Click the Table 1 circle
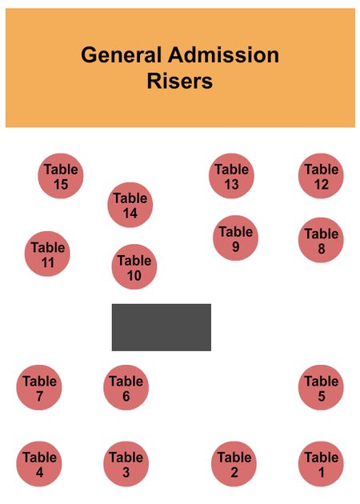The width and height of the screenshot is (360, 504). (321, 464)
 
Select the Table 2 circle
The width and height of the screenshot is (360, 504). (234, 464)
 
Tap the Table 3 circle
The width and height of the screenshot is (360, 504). (126, 464)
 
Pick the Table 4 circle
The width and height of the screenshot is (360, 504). (39, 464)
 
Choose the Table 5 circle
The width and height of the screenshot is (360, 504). (321, 387)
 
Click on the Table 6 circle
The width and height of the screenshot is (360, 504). (126, 387)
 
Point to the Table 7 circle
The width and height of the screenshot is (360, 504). (39, 387)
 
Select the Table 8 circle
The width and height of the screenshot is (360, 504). (321, 240)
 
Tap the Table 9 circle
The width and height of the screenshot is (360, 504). (236, 238)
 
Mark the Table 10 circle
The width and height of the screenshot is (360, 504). (134, 266)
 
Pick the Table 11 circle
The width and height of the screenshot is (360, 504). (47, 254)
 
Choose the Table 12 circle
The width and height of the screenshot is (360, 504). (321, 176)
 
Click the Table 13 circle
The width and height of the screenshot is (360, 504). (231, 176)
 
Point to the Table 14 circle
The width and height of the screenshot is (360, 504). (130, 205)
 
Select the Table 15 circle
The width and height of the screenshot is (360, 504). (61, 176)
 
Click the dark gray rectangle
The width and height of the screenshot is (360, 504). (162, 327)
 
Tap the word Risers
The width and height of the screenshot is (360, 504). (180, 81)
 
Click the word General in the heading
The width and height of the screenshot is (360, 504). (121, 55)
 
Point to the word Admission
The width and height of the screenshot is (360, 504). (223, 55)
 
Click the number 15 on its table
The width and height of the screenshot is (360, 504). (61, 185)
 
